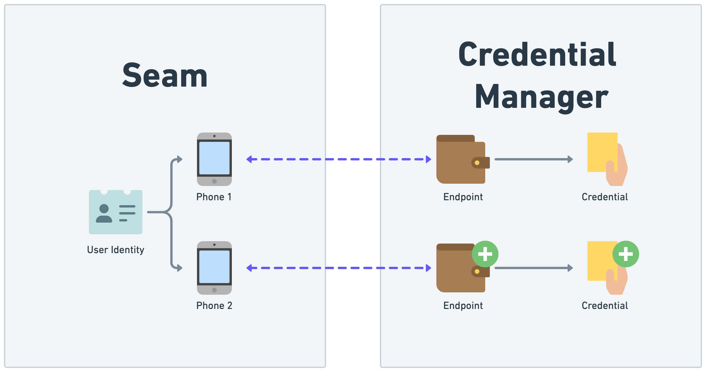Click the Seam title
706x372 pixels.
tap(165, 76)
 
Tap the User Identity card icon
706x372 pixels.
tap(116, 212)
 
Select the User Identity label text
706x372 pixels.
tap(116, 250)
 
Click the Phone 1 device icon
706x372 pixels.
tap(214, 159)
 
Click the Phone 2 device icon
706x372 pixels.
tap(214, 268)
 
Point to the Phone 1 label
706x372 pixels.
tap(214, 197)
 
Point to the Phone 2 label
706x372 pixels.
tap(214, 306)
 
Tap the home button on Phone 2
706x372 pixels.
tap(214, 290)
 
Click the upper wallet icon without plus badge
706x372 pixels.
tap(461, 159)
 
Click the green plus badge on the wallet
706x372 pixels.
tap(485, 254)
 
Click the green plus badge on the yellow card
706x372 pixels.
tap(626, 254)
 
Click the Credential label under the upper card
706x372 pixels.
tap(605, 197)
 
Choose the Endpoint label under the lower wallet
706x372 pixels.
tap(463, 306)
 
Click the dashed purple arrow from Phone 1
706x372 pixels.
tap(338, 159)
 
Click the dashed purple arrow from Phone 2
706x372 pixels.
tap(338, 268)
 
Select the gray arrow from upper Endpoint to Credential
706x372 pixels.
tap(533, 159)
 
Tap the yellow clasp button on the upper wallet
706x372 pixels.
tap(477, 163)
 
